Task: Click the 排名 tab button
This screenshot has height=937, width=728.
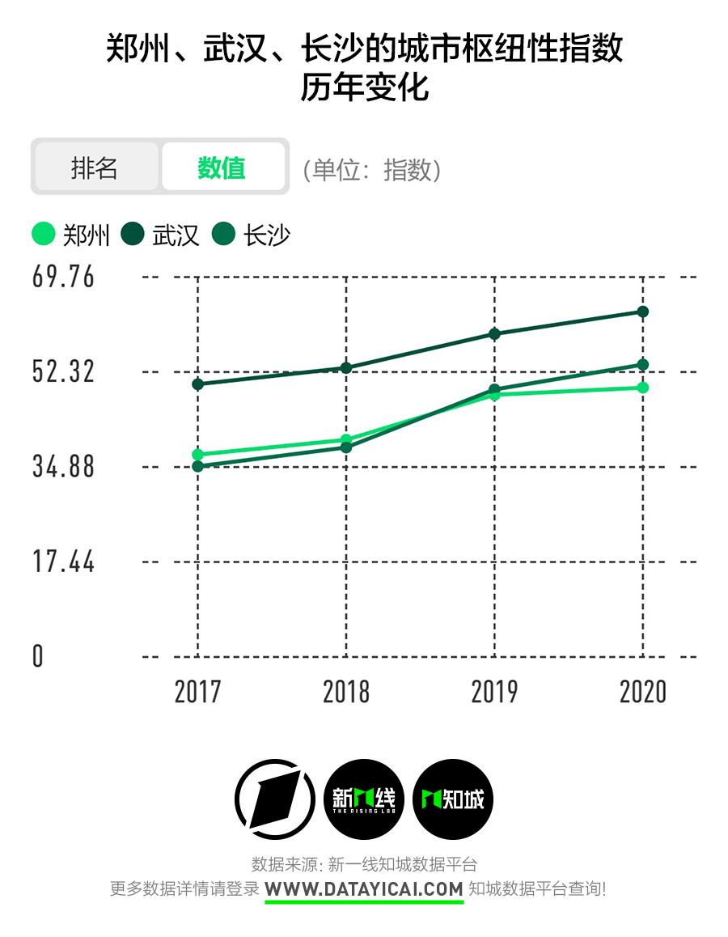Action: point(95,167)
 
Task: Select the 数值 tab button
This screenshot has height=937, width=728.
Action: point(222,167)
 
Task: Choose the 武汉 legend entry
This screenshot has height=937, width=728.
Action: point(161,235)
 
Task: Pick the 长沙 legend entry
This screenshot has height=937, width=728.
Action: point(252,235)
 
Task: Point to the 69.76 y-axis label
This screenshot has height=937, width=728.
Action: point(63,277)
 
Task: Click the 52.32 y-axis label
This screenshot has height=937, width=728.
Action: point(63,371)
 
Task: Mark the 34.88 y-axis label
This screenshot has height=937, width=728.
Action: point(63,467)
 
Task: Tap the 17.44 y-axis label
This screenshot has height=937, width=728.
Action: point(63,562)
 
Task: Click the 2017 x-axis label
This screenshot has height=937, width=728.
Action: point(197,693)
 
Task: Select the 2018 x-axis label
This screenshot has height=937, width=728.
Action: point(346,693)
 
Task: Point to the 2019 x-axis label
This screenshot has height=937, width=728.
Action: point(494,693)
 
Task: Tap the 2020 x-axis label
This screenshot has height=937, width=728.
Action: point(643,693)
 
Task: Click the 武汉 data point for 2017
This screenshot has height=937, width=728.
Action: point(197,384)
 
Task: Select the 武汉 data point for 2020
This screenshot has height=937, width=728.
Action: point(643,312)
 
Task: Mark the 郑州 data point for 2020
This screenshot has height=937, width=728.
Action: point(643,388)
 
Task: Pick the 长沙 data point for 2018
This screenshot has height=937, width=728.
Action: point(346,447)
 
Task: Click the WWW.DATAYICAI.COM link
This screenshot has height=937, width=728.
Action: point(364,888)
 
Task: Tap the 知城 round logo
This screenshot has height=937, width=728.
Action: point(453,799)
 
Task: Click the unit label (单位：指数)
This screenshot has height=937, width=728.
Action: point(372,170)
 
